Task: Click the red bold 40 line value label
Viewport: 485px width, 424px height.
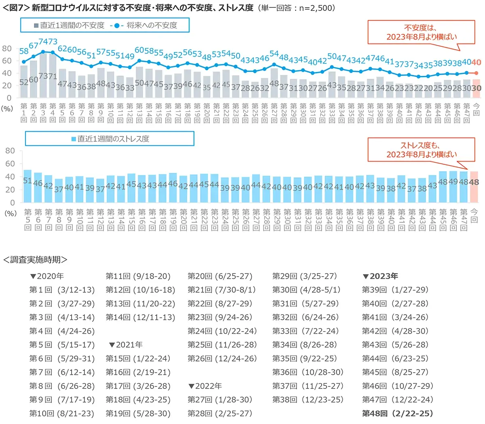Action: pos(476,63)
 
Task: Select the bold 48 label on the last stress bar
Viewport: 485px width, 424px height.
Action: pos(474,182)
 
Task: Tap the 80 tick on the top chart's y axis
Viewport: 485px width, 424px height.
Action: pos(7,48)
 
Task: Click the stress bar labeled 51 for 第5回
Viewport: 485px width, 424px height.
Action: pos(27,186)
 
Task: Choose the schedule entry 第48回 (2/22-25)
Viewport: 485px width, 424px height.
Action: pos(397,414)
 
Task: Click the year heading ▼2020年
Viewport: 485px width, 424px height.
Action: pos(47,276)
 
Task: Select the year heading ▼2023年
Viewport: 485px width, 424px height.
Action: pos(380,276)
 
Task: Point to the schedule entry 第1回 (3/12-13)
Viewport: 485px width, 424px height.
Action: pos(62,290)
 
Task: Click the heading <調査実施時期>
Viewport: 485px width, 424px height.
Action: pos(35,260)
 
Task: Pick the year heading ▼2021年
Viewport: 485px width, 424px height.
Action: pos(126,345)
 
